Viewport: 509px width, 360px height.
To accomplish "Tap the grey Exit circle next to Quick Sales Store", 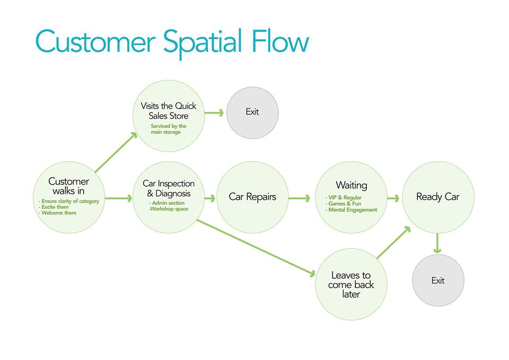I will [x=252, y=112].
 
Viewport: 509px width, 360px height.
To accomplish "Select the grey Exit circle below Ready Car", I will [x=438, y=280].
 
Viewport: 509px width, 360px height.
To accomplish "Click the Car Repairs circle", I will [x=252, y=197].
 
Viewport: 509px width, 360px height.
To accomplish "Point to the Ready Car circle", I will [x=438, y=197].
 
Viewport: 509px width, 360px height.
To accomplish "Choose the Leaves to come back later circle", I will [x=351, y=285].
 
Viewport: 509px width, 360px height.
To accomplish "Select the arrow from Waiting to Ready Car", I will [x=393, y=198].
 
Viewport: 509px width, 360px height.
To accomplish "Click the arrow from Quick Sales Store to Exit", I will [x=214, y=112].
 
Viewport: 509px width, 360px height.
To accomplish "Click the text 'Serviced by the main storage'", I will [x=168, y=129].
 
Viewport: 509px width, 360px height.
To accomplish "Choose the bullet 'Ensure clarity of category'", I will [x=69, y=201].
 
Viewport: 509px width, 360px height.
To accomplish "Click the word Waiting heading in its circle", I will [x=351, y=186].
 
